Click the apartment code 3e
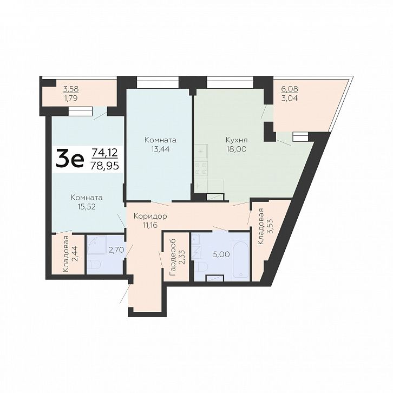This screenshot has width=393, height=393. coord(70,158)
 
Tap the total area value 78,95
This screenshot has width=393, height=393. coord(104,166)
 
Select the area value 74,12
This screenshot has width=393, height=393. coord(104,153)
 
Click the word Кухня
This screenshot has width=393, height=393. coord(237,140)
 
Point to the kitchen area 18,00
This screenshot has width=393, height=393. coord(237,149)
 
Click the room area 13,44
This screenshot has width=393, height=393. coord(160,149)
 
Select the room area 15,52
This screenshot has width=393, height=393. coord(87,207)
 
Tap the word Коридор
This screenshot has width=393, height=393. coord(150,216)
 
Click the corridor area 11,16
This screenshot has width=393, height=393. coord(150,225)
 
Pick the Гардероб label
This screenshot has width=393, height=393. coord(173,258)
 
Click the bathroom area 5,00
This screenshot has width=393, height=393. coord(221,254)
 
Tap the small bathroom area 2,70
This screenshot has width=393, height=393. coord(116,250)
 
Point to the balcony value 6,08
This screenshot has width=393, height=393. coord(290,89)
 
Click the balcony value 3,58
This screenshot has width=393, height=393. coord(71,89)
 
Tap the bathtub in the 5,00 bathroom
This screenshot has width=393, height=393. coord(240,261)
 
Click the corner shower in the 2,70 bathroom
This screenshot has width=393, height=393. coord(97,245)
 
